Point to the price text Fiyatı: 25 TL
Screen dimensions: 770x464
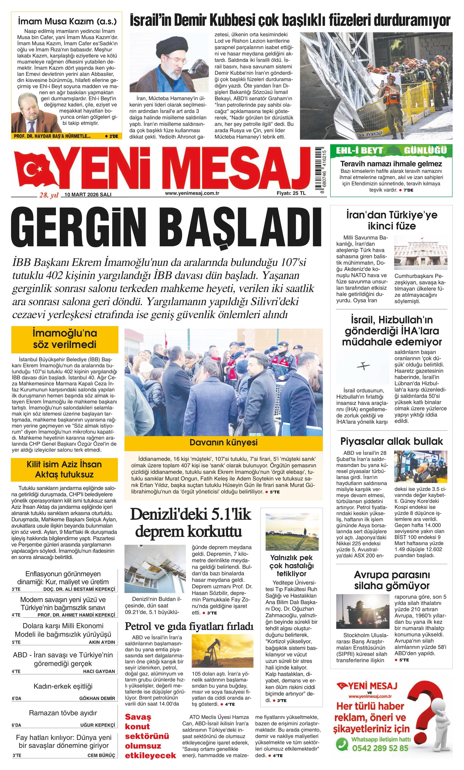[291, 193]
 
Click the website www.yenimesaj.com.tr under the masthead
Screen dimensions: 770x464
[192, 193]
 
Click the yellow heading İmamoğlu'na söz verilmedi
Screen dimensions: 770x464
[65, 339]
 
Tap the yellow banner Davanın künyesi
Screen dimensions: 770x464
[223, 442]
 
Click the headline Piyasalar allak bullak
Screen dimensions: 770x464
[391, 441]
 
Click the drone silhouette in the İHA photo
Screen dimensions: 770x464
[363, 366]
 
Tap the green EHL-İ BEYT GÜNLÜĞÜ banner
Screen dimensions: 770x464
[391, 151]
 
